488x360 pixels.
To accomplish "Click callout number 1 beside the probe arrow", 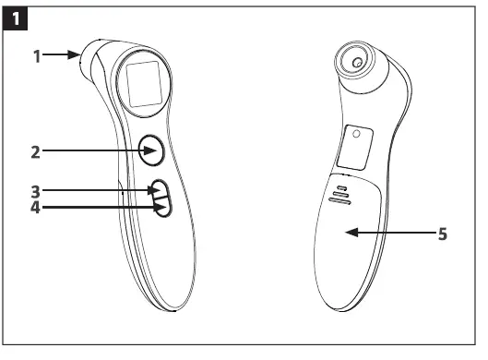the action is [x=38, y=55].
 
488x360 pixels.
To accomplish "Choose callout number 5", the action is [x=443, y=234].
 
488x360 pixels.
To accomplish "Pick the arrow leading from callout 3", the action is [x=101, y=191].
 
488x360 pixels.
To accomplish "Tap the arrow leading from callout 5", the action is [x=387, y=234].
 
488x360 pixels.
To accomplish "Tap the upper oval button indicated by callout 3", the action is [x=161, y=191].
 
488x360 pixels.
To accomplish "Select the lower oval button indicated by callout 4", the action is [x=163, y=209].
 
